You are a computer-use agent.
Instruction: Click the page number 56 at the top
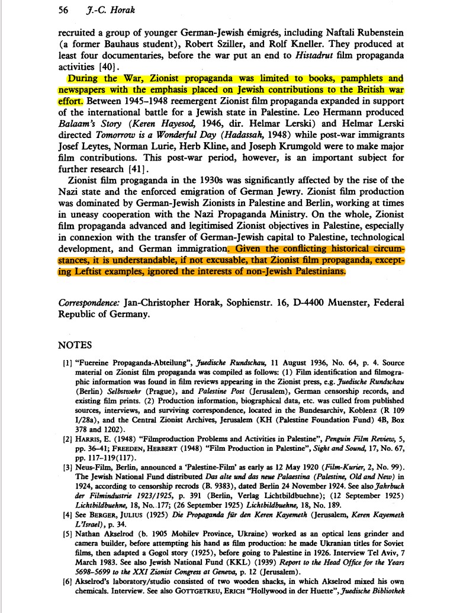click(65, 9)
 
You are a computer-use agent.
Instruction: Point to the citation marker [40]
click(110, 66)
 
